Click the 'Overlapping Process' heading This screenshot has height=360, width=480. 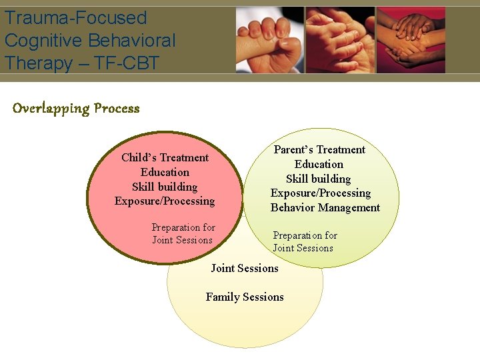(76, 109)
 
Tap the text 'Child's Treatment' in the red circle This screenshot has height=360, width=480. (165, 158)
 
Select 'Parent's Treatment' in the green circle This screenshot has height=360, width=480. (319, 150)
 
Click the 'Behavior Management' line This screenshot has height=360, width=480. (325, 208)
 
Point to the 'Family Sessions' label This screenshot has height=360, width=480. (245, 297)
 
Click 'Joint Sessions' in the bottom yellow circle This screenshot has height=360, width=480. (245, 269)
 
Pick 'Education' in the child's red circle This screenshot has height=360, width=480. (165, 173)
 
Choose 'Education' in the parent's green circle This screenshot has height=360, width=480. (319, 165)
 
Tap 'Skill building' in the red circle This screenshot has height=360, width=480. (165, 187)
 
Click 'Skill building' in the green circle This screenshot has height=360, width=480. (318, 179)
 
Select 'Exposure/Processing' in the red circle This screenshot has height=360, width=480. (165, 201)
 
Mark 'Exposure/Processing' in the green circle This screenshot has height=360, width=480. (320, 193)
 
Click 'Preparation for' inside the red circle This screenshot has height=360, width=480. (183, 227)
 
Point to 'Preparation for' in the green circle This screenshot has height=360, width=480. (305, 235)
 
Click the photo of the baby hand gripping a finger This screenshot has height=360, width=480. (270, 40)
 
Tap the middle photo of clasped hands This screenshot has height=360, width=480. (340, 40)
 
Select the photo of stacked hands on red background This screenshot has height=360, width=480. (411, 40)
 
